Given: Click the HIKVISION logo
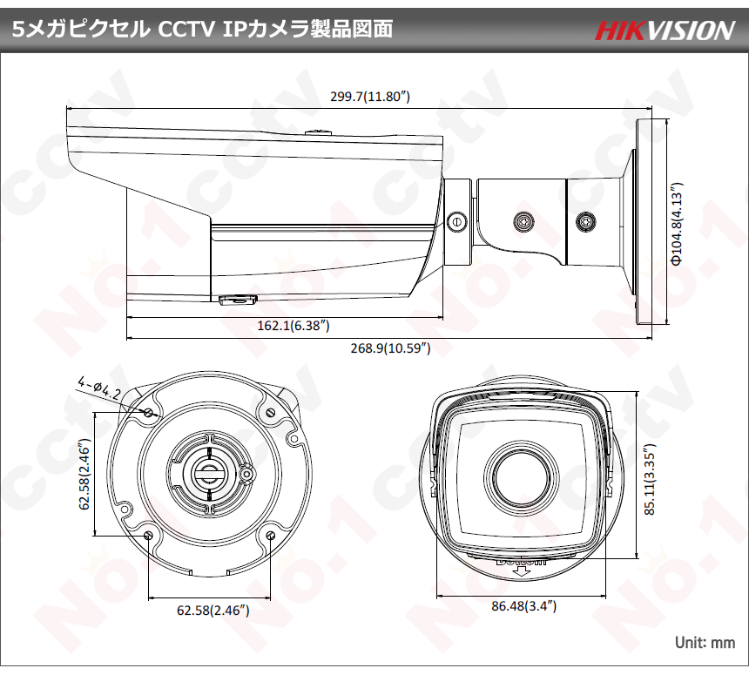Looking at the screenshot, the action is tap(665, 30).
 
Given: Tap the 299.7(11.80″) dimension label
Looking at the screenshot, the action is tap(370, 97).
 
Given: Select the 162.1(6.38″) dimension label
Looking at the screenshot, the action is tap(294, 326).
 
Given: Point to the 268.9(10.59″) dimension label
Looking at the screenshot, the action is tap(391, 348).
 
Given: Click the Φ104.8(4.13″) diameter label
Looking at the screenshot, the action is tap(677, 223).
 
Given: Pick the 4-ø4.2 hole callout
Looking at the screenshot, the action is tap(99, 388).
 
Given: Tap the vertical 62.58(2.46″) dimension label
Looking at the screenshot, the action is tap(84, 474).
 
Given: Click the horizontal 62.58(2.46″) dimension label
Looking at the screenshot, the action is tap(213, 610).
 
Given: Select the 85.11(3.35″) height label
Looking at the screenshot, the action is tap(650, 479).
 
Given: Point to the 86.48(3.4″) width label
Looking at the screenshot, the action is tap(524, 605).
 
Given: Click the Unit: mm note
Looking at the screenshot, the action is tap(705, 643).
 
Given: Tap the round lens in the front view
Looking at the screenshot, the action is tap(521, 479).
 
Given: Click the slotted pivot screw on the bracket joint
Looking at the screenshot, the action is tap(456, 221).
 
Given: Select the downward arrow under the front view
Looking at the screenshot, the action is tap(524, 570).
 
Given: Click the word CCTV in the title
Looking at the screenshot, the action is tap(186, 30).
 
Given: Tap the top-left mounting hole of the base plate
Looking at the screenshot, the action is tap(149, 412).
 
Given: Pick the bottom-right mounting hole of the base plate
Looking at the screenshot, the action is tap(270, 535).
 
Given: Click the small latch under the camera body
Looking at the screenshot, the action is tap(238, 300).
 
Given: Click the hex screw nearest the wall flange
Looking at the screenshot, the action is tap(585, 221).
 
